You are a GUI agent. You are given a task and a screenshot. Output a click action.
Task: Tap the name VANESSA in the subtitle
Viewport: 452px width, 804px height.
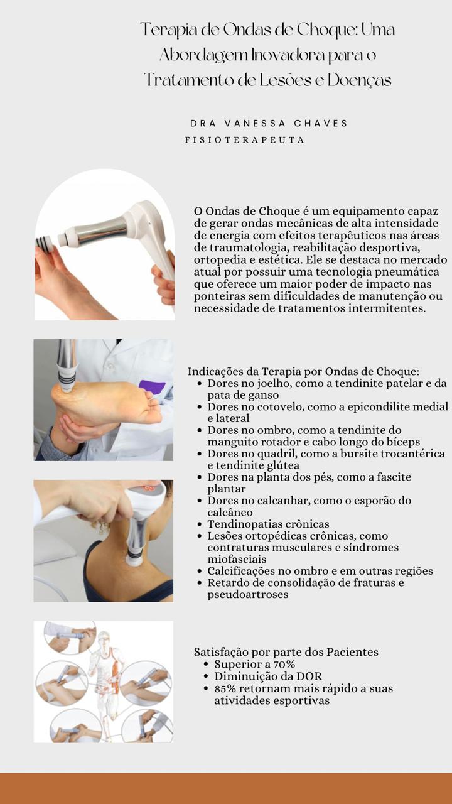(255, 124)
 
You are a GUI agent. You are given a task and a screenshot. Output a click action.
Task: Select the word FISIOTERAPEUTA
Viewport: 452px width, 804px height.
(245, 140)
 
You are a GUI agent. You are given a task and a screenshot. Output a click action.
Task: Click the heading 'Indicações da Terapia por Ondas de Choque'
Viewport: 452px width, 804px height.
(303, 371)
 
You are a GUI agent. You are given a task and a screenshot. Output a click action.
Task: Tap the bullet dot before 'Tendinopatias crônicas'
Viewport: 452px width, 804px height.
(200, 524)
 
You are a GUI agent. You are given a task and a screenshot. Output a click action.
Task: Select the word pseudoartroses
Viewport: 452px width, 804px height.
(248, 594)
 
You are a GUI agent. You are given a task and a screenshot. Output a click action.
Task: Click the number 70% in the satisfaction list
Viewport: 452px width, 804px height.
(284, 665)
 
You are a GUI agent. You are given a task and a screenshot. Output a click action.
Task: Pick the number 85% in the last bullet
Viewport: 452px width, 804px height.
(225, 689)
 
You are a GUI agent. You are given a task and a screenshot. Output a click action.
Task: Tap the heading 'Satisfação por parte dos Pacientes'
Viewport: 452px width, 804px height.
(286, 652)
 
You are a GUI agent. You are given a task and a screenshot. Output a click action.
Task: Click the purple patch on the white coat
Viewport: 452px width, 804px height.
(152, 388)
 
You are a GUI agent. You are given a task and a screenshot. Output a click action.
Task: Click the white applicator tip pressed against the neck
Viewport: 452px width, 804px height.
(134, 557)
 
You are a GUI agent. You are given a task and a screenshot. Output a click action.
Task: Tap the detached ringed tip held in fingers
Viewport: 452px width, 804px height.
(44, 242)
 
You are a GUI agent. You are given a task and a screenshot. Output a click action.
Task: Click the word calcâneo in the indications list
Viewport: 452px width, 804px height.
(230, 512)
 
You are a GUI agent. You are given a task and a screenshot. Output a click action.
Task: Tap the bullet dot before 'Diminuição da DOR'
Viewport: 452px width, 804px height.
(206, 676)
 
